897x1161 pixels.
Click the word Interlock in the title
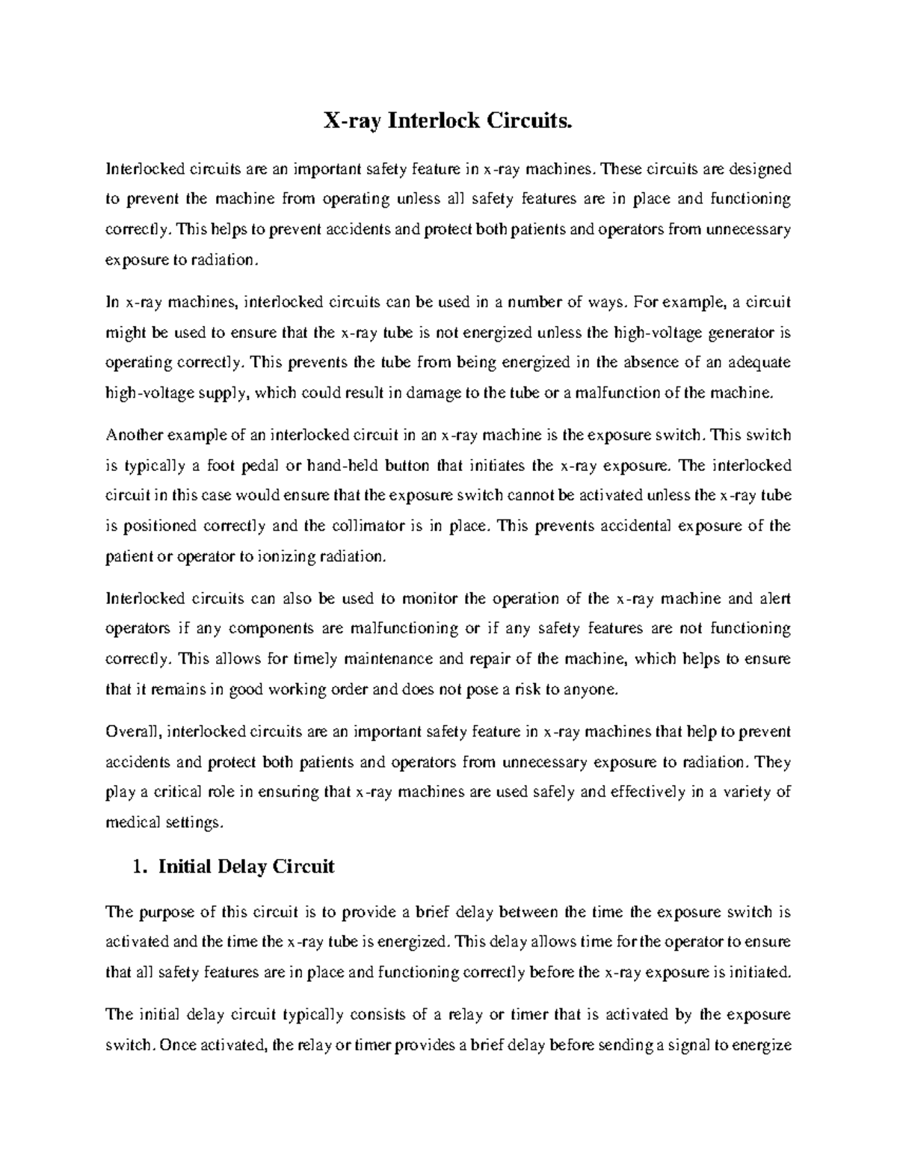433,120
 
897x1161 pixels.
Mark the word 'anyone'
593,689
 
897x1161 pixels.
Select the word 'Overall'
132,732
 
